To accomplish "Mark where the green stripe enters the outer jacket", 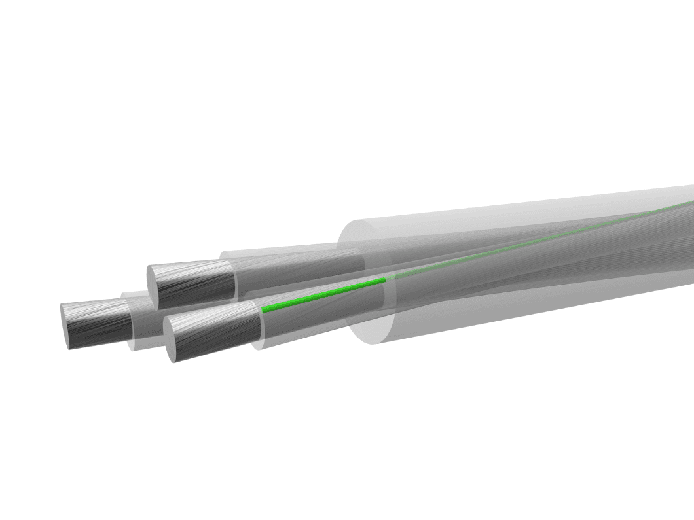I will (x=385, y=280).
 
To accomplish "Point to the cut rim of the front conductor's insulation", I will (x=257, y=327).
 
